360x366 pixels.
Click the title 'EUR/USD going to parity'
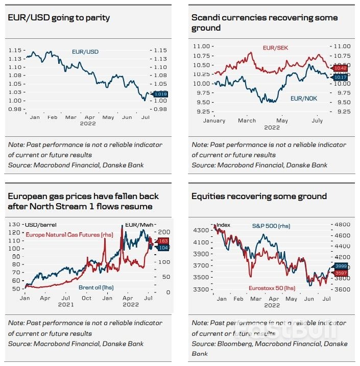point(59,18)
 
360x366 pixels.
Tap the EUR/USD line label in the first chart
point(85,52)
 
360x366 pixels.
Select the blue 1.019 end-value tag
point(160,94)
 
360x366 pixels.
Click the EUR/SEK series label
point(276,48)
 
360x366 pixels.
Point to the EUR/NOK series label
point(304,97)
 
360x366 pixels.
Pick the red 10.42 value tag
point(340,68)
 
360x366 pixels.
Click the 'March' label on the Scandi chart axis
point(247,120)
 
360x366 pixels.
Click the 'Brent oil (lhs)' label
point(96,287)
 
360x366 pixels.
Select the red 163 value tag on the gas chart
point(164,240)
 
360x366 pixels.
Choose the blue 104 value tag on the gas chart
point(164,248)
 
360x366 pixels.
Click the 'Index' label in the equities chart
point(223,225)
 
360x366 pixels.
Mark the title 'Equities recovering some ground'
point(259,197)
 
